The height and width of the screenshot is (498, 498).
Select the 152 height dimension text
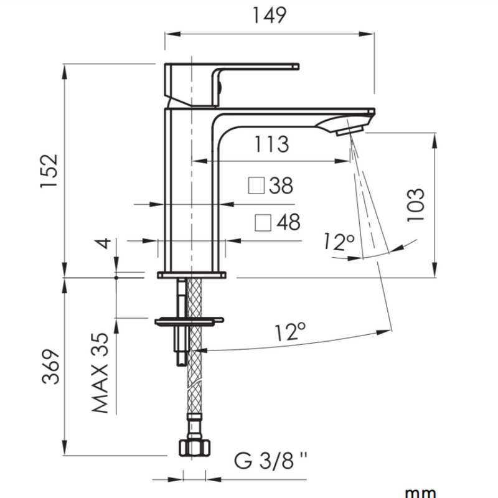[x=50, y=170]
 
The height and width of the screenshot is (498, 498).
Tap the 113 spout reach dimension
[x=271, y=144]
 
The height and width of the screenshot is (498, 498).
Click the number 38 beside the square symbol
[x=281, y=186]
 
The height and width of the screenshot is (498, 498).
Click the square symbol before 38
[x=256, y=186]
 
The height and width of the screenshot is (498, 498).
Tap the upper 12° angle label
[x=339, y=242]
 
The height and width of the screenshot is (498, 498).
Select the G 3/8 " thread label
[x=270, y=462]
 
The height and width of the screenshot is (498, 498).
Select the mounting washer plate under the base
[x=187, y=321]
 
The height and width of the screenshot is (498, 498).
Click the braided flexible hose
[x=195, y=386]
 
